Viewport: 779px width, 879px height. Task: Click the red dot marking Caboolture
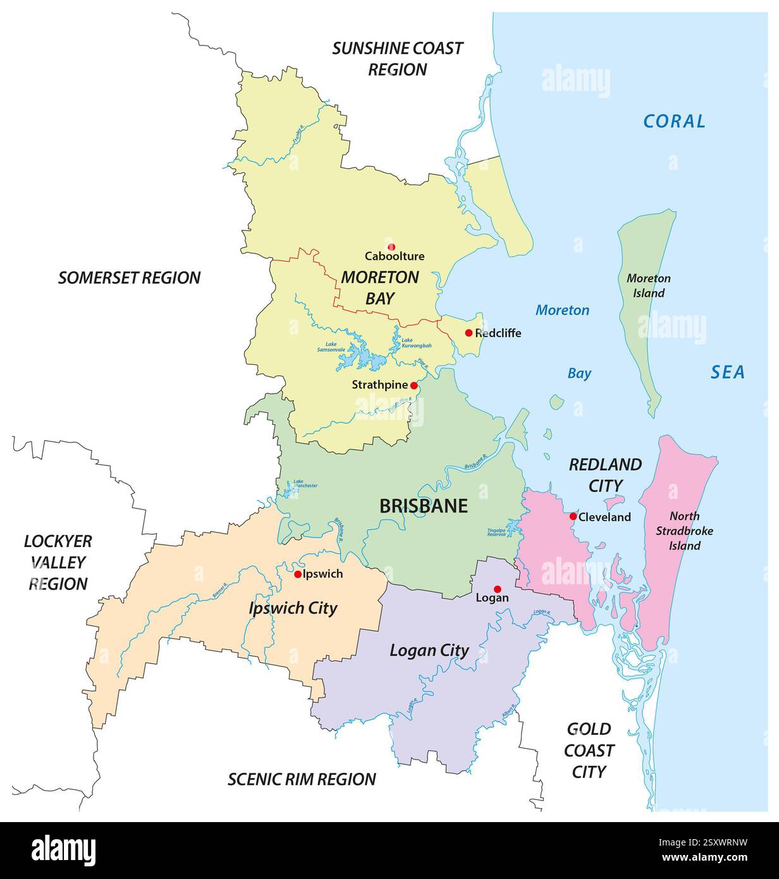[391, 247]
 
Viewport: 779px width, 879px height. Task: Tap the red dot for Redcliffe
[469, 333]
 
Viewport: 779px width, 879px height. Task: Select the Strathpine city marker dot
[414, 385]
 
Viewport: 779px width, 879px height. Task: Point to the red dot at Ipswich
[298, 574]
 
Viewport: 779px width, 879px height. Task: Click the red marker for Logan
[498, 589]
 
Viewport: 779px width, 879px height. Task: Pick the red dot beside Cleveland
[573, 516]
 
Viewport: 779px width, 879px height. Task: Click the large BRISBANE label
[423, 506]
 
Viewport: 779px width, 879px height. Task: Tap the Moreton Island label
[648, 285]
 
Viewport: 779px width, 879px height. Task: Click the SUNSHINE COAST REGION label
[398, 59]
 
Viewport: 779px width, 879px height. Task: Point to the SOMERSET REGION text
[129, 277]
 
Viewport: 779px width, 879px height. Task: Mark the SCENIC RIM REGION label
[302, 779]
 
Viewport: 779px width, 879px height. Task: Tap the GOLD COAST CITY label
[589, 750]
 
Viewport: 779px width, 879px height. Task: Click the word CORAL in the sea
[673, 121]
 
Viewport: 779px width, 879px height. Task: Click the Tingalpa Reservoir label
[496, 532]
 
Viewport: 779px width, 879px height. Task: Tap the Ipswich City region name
[293, 608]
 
